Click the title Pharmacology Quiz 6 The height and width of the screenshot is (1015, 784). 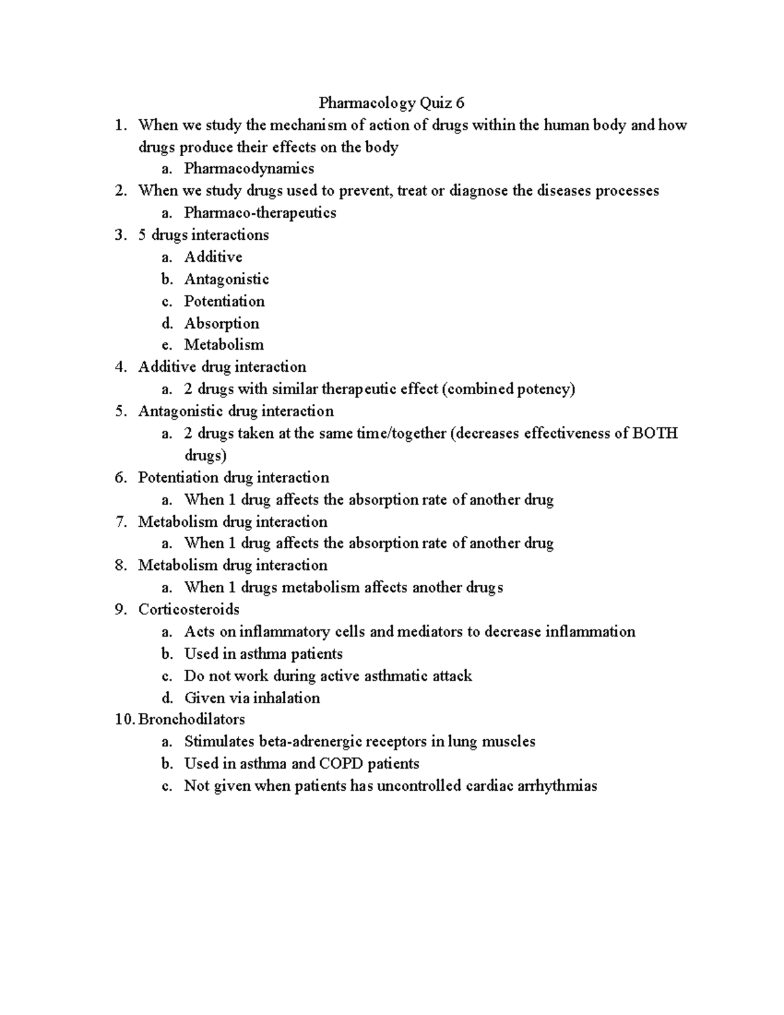(391, 103)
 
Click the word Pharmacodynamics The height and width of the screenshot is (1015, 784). (249, 169)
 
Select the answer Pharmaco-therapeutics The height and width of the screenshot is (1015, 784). (260, 212)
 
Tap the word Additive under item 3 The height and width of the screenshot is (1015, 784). (213, 257)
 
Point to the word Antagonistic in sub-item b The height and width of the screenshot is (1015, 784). (226, 279)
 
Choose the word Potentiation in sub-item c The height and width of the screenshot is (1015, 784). (224, 301)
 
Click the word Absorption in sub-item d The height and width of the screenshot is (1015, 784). (221, 324)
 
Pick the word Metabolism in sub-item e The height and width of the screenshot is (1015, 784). (224, 344)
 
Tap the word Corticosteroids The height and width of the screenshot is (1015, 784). (189, 609)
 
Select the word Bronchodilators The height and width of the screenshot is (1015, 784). (191, 720)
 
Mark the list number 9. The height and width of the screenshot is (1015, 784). (120, 609)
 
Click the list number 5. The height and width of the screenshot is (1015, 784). (120, 411)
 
